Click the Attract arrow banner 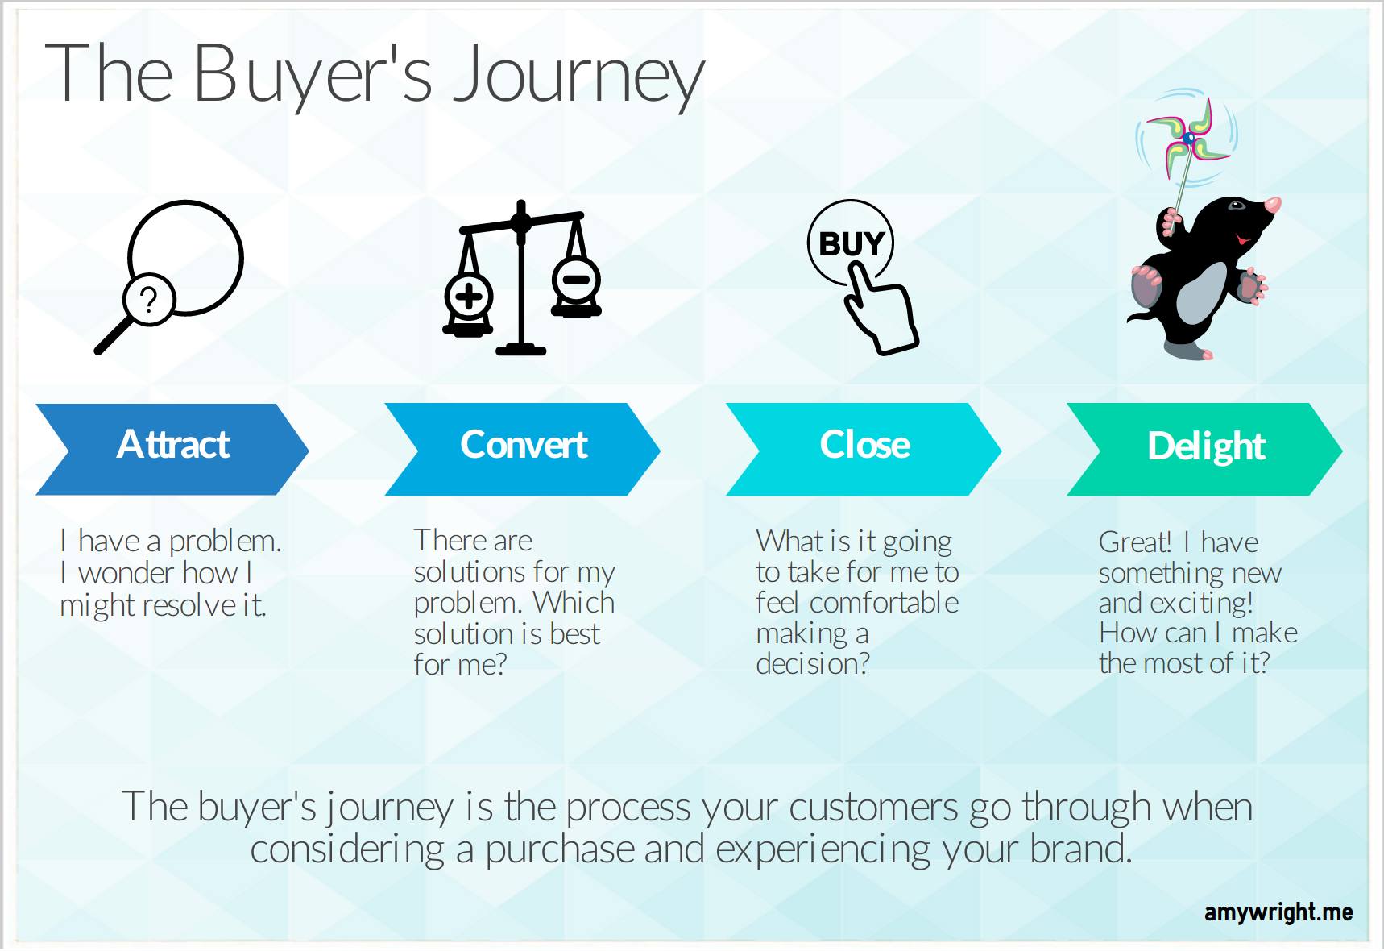tap(172, 449)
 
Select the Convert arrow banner tap(522, 449)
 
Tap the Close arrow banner tap(864, 449)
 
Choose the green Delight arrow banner tap(1204, 449)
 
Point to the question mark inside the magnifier tap(148, 300)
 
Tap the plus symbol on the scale tap(468, 297)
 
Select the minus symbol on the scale tap(576, 280)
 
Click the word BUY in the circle tap(852, 243)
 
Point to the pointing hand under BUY tap(880, 310)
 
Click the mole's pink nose tap(1273, 205)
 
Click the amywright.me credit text tap(1278, 912)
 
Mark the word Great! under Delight tap(1135, 542)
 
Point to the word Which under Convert tap(574, 603)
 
